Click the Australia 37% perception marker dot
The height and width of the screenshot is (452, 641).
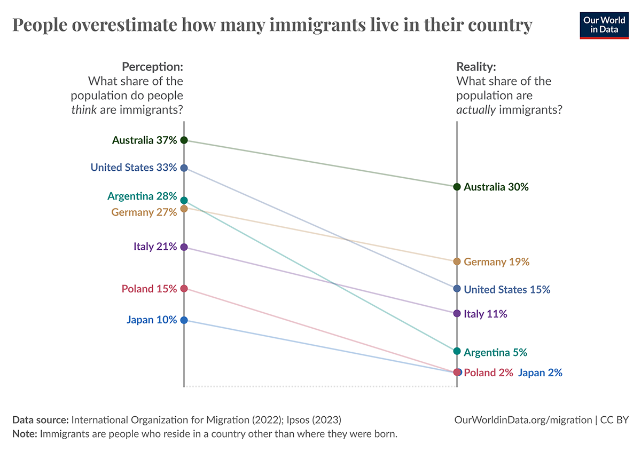184,140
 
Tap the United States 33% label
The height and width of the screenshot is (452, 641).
134,168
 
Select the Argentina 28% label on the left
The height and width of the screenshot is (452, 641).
142,196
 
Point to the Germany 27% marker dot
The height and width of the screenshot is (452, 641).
184,209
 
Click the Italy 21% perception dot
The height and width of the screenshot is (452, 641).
184,247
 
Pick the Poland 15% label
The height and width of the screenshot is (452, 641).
149,289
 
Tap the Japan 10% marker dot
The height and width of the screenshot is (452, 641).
184,320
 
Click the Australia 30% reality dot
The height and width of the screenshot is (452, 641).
457,187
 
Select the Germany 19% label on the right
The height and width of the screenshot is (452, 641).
496,262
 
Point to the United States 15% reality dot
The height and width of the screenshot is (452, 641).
457,289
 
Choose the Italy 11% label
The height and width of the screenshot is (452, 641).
485,314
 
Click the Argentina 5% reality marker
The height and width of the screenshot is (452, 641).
457,351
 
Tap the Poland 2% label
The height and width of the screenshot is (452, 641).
488,372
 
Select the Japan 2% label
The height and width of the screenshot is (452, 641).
540,372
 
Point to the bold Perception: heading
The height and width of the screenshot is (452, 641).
152,67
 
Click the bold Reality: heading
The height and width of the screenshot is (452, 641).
476,67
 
